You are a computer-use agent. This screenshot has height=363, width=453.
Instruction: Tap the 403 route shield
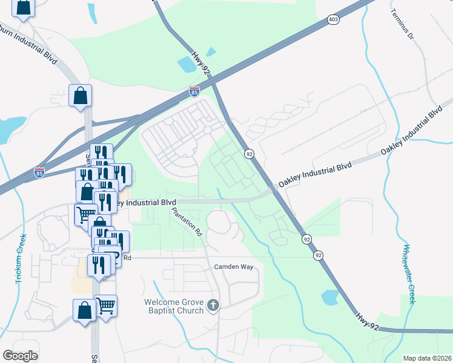(333, 20)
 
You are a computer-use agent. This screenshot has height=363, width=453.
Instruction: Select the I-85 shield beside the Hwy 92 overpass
(194, 92)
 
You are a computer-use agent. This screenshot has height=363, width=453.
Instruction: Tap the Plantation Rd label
(187, 221)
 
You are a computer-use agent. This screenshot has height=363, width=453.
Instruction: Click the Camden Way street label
(232, 267)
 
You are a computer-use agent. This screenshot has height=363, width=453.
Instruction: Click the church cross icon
(212, 306)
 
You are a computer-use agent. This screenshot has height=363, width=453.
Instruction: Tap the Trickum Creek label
(21, 260)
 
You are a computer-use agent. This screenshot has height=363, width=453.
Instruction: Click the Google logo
(21, 355)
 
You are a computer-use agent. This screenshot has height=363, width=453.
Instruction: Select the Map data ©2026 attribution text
(427, 358)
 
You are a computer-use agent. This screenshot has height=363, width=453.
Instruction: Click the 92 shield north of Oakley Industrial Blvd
(249, 155)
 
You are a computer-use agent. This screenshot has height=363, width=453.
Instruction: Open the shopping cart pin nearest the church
(105, 305)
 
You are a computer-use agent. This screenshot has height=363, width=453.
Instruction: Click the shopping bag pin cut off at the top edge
(23, 8)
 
